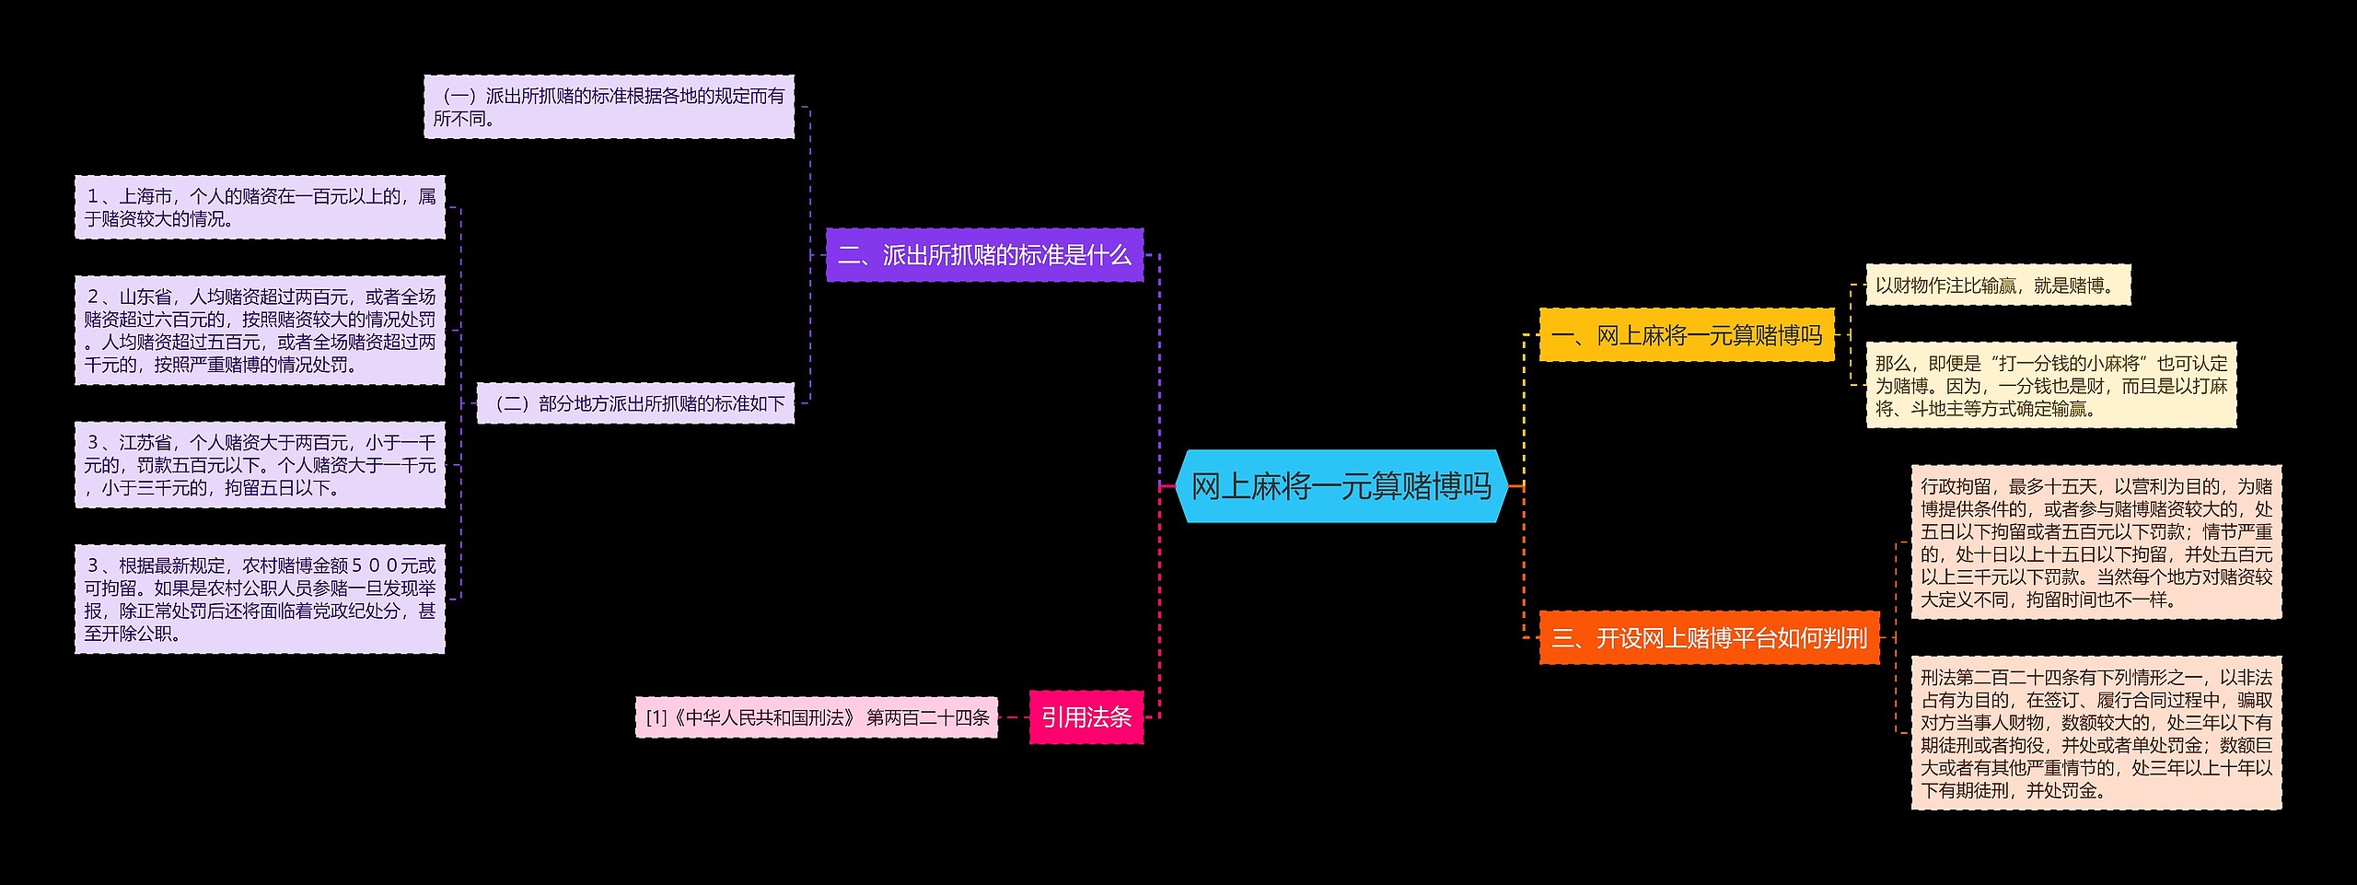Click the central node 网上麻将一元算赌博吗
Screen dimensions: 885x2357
1341,486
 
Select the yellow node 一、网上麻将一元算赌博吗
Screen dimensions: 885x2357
1686,335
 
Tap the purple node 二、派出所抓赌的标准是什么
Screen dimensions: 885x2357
983,255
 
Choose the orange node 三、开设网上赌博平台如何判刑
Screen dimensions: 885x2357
1709,637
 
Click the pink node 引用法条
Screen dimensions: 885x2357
1086,716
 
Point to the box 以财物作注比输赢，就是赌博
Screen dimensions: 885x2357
1997,285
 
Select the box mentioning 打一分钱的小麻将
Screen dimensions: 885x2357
2050,386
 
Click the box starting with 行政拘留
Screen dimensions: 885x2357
2096,542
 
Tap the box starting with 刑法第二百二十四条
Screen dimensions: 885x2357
2096,733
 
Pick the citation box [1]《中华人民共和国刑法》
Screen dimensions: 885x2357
817,717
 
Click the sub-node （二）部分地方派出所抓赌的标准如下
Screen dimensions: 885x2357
635,403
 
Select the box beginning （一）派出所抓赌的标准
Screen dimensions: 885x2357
609,107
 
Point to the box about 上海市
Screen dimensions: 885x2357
260,207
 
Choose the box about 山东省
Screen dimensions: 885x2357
260,331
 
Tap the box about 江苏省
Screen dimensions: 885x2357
260,465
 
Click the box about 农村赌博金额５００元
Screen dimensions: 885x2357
260,599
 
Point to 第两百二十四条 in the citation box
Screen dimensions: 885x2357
927,717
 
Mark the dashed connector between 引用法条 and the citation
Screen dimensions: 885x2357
1013,716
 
